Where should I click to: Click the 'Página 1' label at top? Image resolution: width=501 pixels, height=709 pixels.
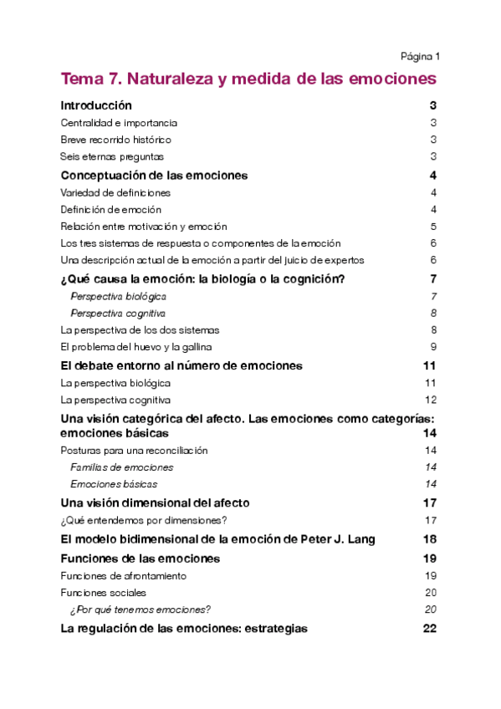[420, 57]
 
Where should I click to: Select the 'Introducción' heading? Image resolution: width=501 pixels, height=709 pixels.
[96, 106]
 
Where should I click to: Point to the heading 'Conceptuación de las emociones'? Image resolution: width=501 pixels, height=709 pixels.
[154, 176]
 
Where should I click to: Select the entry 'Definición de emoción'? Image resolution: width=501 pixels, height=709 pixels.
[110, 209]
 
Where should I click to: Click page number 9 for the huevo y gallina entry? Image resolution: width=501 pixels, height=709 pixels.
[434, 347]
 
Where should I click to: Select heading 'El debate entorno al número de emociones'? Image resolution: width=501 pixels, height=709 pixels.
[181, 366]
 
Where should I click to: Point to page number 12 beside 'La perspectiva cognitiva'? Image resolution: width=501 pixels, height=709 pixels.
[431, 400]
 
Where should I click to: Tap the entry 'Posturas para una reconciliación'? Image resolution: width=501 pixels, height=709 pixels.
[134, 451]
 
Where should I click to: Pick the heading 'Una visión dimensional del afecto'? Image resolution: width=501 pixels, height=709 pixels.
[155, 503]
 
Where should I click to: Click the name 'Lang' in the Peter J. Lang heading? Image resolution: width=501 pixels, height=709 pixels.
[360, 539]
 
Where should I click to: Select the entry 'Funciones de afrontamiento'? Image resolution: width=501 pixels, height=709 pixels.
[123, 576]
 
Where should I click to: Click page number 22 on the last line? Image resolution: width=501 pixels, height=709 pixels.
[430, 629]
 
